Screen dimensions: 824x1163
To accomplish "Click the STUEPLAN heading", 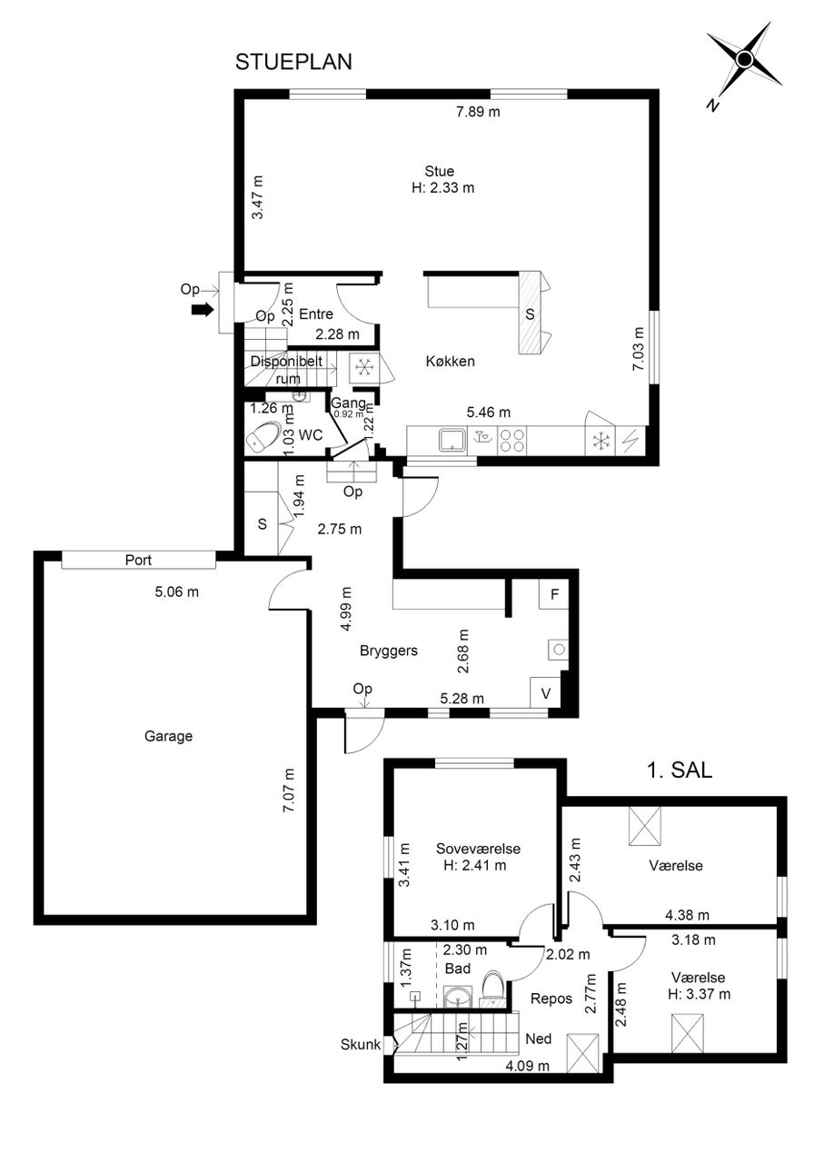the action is click(293, 62).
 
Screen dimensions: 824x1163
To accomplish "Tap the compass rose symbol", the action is click(745, 60).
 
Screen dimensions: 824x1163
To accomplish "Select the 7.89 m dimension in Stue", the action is click(478, 112).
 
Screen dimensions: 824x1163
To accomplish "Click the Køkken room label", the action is click(451, 361).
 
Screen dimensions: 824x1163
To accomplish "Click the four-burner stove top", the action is click(512, 441).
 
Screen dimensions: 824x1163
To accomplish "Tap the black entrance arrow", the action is click(203, 310).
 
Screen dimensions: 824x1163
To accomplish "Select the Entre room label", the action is click(316, 314).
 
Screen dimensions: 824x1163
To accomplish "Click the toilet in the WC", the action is click(264, 436).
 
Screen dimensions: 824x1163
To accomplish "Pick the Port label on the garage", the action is click(138, 560).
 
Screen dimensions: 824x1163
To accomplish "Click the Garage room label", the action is click(168, 736).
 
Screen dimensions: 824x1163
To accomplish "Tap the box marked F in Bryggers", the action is click(554, 594).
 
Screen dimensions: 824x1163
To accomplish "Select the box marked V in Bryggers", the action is click(545, 692).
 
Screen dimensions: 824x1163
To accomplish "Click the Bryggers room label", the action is click(388, 651).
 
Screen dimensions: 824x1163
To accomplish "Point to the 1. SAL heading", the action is click(680, 770).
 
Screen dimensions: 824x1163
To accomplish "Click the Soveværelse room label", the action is click(478, 849).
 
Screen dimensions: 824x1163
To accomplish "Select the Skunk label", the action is click(361, 1044).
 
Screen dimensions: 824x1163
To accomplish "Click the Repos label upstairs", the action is click(551, 999).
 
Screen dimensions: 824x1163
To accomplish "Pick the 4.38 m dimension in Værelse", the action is click(687, 915).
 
